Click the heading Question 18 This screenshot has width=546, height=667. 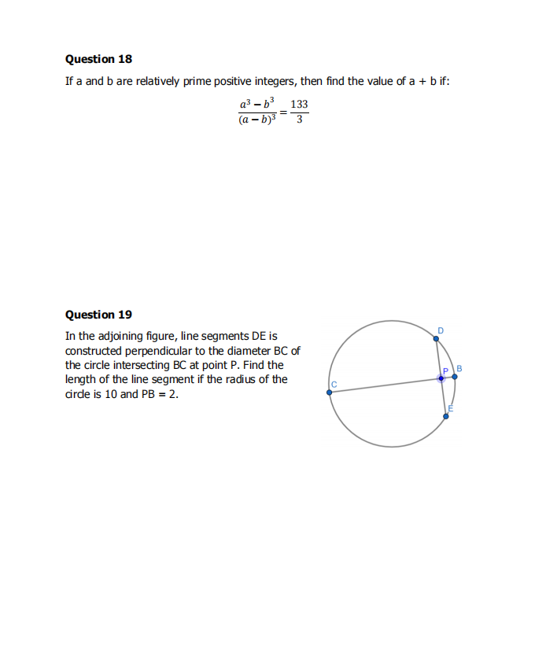point(98,60)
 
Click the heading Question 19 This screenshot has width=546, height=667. point(98,315)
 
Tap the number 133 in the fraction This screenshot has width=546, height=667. point(299,105)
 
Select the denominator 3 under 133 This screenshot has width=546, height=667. point(299,120)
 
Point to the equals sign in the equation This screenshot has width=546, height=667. point(282,112)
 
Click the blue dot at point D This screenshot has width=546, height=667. point(437,340)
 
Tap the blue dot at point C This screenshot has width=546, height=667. point(330,392)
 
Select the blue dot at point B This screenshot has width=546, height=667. point(455,377)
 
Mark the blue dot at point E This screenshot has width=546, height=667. point(446,416)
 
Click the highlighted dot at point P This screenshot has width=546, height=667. point(441,378)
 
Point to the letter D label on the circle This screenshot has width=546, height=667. point(441,330)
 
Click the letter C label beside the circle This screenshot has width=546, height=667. point(334,384)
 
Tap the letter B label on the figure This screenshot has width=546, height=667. point(459,368)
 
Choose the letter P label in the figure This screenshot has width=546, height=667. point(445,370)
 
